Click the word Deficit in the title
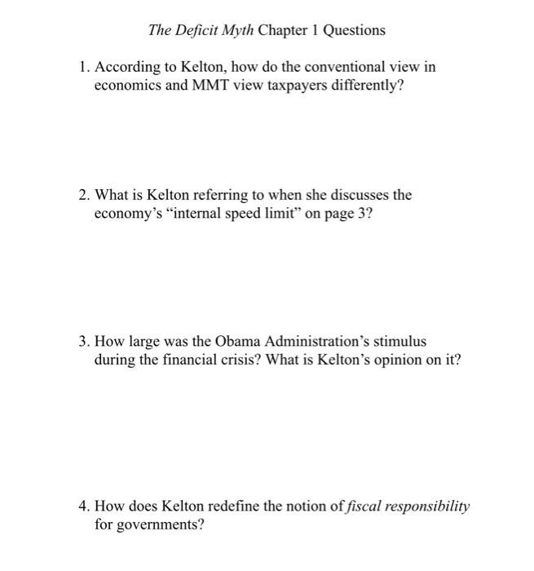[x=198, y=31]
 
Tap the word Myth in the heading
[x=239, y=31]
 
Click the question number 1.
[x=83, y=67]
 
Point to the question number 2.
[x=83, y=196]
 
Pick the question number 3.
[x=83, y=342]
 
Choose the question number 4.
[x=83, y=507]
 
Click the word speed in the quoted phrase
[x=237, y=215]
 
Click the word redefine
[x=235, y=507]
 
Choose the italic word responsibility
[x=425, y=507]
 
